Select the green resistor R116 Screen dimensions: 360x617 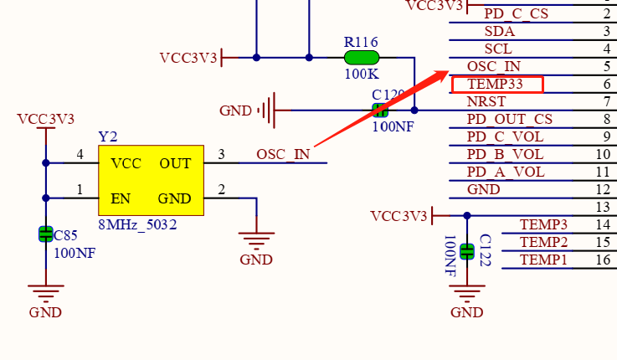pos(362,58)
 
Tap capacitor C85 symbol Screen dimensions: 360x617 pos(46,234)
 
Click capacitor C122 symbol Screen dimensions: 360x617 pos(467,250)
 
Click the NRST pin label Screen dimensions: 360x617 pos(486,101)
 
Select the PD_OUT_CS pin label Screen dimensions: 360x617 pos(509,119)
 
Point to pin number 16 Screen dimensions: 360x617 pos(603,260)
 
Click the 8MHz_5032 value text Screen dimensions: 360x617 pos(137,224)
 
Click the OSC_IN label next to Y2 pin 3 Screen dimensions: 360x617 pos(283,154)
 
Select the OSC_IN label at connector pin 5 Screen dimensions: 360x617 pos(493,66)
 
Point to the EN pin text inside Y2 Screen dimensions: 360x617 pos(121,198)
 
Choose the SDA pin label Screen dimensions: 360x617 pos(499,31)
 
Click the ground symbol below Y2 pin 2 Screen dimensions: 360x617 pos(256,242)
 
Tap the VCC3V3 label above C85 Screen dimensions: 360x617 pos(45,118)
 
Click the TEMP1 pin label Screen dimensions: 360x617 pos(543,260)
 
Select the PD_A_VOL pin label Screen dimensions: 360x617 pos(505,172)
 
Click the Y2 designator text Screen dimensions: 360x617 pos(108,136)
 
